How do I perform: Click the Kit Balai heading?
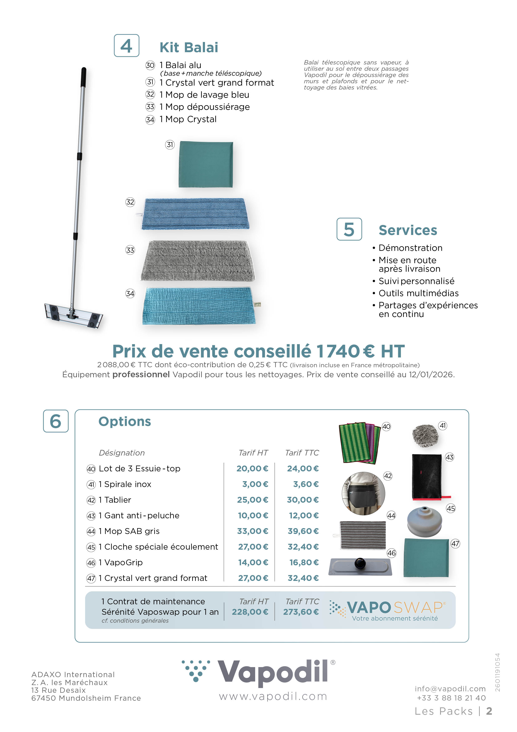[189, 48]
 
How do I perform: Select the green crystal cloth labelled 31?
[206, 164]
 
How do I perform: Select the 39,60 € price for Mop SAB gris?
[303, 531]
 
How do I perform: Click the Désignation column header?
[122, 453]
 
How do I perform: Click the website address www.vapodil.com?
[273, 697]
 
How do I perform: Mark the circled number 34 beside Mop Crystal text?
[150, 120]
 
